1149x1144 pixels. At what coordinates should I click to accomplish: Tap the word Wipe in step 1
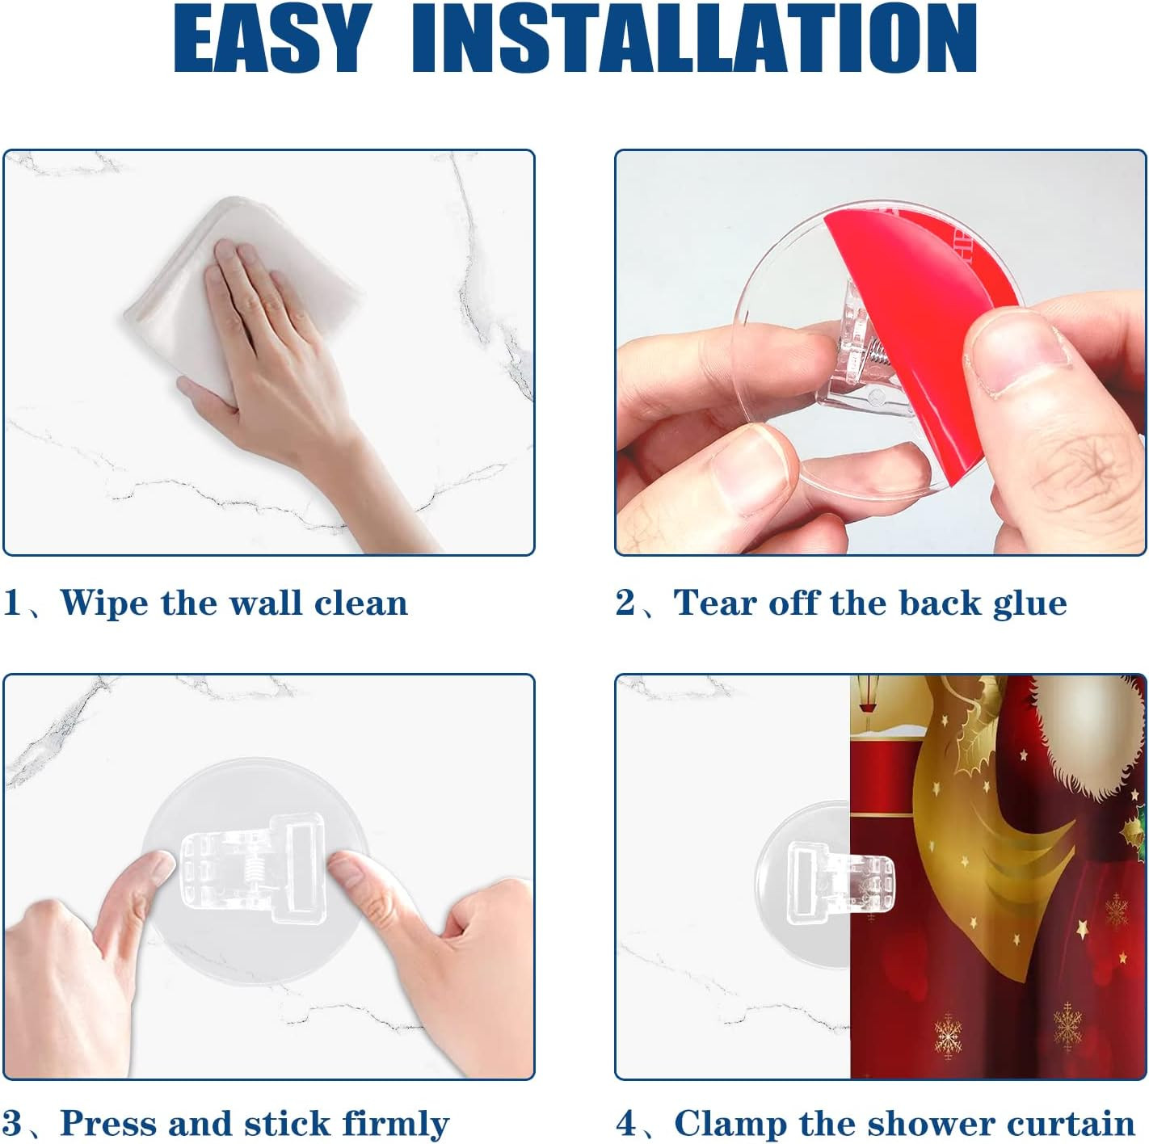tap(103, 603)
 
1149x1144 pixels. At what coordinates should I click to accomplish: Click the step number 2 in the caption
tap(625, 603)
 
